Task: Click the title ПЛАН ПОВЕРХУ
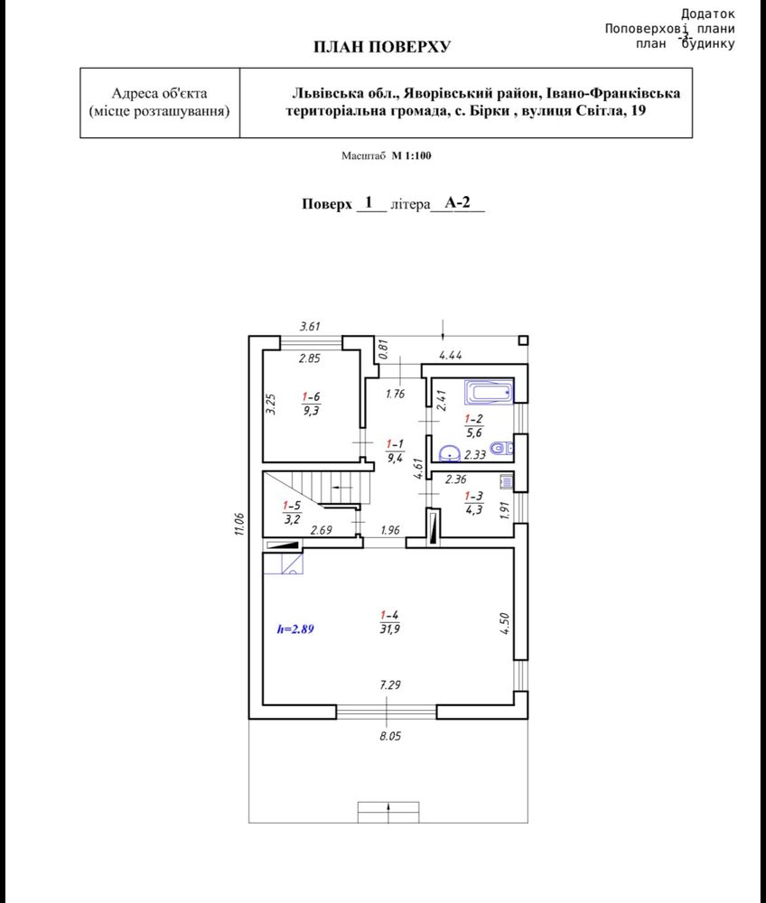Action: [382, 47]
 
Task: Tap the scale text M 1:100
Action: [411, 155]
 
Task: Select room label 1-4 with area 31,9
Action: [390, 622]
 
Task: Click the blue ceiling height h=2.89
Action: [295, 628]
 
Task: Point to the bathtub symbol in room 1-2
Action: [489, 393]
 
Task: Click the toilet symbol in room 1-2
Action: [501, 448]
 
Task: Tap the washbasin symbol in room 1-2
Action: [449, 454]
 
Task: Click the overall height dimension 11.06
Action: [239, 525]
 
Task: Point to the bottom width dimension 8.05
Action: [390, 736]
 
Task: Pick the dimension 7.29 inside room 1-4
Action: [390, 684]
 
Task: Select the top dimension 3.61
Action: [310, 327]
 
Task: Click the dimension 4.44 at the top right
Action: [451, 355]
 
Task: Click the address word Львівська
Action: [328, 93]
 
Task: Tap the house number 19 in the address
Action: [638, 110]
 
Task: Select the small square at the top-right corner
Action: [523, 340]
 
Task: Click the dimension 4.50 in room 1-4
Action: [504, 624]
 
